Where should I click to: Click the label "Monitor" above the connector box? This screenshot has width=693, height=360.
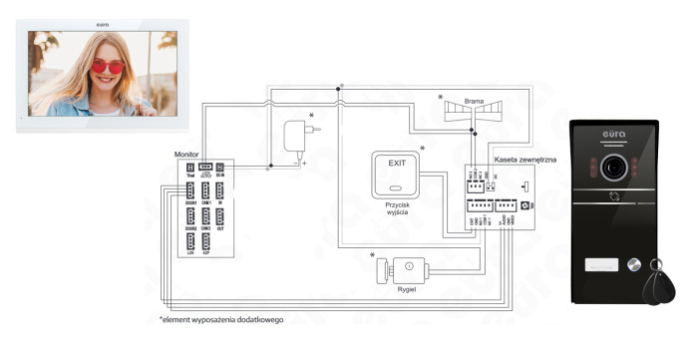tap(186, 155)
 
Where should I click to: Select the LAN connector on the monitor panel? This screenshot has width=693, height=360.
tap(190, 242)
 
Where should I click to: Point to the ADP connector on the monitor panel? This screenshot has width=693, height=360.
tap(206, 242)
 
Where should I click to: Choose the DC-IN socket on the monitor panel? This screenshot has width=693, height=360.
tap(222, 170)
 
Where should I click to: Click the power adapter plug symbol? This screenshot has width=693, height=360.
tap(298, 136)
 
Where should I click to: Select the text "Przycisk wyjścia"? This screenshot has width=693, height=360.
tap(395, 205)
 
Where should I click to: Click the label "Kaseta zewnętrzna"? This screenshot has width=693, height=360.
tap(524, 159)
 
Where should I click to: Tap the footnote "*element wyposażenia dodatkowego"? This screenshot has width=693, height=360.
tap(220, 320)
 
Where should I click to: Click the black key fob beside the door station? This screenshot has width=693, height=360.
tap(658, 289)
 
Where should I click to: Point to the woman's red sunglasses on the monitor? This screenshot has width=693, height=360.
tap(107, 67)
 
